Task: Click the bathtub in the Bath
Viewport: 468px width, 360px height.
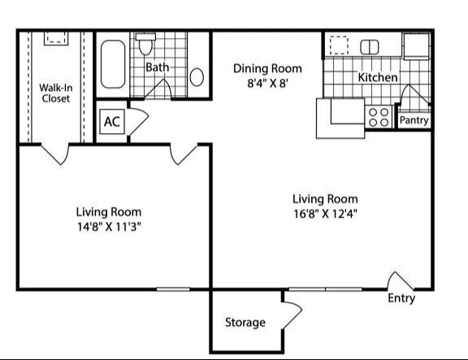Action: [112, 64]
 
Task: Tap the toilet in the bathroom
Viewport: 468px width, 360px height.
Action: [145, 44]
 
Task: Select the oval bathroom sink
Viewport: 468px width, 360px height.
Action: [197, 77]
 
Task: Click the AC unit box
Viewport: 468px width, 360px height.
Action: [112, 122]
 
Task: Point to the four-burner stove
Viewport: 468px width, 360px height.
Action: [379, 117]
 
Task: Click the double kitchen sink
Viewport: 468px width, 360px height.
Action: [370, 47]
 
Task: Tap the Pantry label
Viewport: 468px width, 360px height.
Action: [414, 120]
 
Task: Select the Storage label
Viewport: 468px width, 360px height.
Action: [245, 323]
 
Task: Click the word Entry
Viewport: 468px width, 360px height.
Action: [401, 298]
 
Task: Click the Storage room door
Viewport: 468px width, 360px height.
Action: [292, 315]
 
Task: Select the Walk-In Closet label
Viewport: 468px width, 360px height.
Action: [56, 93]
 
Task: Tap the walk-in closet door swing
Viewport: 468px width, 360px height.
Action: [55, 154]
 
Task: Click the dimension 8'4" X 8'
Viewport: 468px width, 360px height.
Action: [267, 83]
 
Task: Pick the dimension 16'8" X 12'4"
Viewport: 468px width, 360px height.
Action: [325, 214]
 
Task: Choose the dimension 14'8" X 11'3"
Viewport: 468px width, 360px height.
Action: [109, 227]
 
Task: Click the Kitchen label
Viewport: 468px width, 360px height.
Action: [378, 77]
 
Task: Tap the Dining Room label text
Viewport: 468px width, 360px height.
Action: [267, 68]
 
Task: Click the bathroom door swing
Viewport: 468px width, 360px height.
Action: [158, 89]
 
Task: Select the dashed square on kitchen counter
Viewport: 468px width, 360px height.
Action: [339, 45]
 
